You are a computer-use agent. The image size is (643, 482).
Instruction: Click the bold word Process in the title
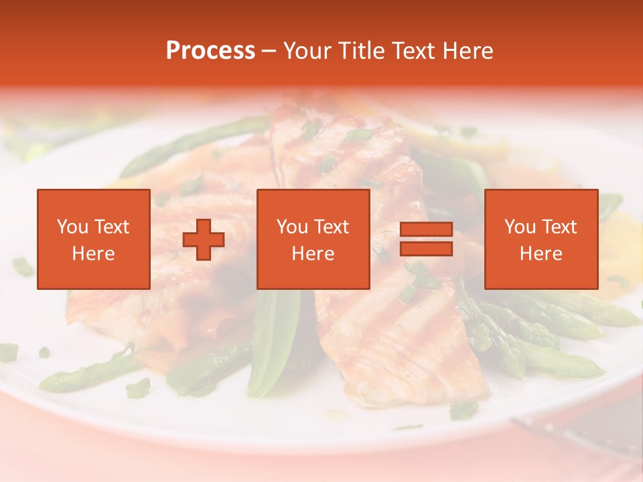(210, 51)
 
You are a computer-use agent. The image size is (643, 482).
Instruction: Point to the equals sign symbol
(426, 239)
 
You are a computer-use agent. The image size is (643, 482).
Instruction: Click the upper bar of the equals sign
(426, 230)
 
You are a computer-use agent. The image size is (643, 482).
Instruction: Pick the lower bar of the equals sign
(426, 248)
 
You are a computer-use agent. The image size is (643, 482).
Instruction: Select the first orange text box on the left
(93, 240)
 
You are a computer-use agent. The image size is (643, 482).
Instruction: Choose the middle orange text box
(313, 240)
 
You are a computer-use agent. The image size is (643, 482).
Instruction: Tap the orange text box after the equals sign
(541, 240)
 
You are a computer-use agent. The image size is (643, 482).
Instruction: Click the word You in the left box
(72, 227)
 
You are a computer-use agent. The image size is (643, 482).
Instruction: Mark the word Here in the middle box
(313, 254)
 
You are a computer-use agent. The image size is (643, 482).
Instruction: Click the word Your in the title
(307, 51)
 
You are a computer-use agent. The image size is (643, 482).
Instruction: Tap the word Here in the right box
(541, 254)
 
